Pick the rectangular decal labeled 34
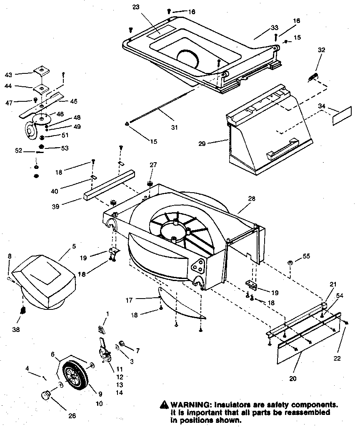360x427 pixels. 341,116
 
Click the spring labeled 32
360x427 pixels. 313,77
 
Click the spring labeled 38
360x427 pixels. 24,311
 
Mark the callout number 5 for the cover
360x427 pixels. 74,246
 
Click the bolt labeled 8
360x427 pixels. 10,279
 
